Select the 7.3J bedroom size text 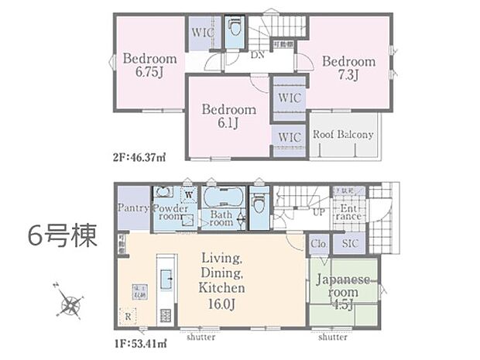[x=349, y=76]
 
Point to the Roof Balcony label [x=342, y=134]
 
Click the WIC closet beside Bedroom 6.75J [x=202, y=33]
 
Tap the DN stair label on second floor [x=257, y=56]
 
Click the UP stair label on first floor [x=317, y=211]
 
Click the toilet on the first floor [x=259, y=203]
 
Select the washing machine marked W [x=188, y=194]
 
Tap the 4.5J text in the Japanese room [x=343, y=303]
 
